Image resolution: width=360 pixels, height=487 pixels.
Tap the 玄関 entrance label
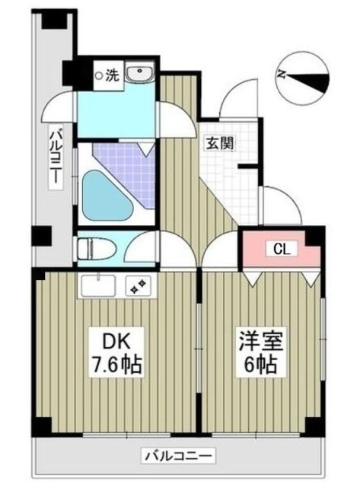[218, 142]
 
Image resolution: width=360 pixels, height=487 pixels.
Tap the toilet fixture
[95, 248]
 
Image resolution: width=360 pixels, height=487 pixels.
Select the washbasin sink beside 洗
[139, 74]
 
